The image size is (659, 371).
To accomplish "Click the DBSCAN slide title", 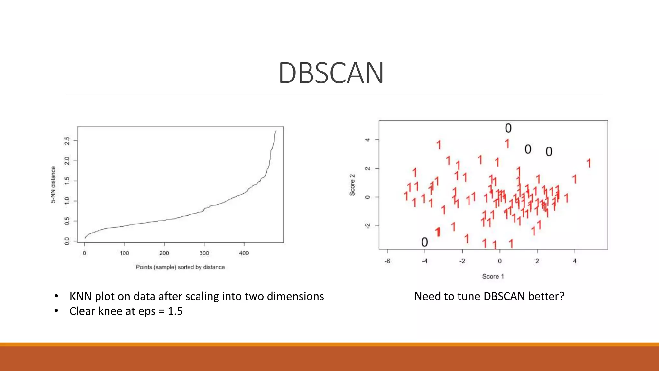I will (x=331, y=73).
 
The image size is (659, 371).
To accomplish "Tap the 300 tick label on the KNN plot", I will (x=204, y=253).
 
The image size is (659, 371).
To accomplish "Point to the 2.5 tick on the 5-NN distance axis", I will (x=67, y=141).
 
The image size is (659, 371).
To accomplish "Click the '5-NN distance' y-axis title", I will (x=53, y=185).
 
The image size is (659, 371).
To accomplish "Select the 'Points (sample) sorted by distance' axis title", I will (x=180, y=267).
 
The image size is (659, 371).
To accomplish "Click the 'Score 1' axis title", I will (x=493, y=276).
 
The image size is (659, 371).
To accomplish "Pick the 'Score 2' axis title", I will (x=352, y=185).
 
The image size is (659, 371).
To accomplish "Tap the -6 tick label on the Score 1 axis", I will (x=387, y=261).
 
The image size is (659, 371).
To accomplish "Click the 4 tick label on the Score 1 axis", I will (x=575, y=261).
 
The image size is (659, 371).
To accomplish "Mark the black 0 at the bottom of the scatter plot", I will (x=425, y=242).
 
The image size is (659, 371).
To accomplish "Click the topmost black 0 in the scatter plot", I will (x=508, y=128).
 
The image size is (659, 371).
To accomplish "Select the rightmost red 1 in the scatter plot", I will (x=589, y=163).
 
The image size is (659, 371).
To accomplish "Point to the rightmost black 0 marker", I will (x=549, y=152).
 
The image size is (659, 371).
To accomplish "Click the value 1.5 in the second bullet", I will (x=175, y=311).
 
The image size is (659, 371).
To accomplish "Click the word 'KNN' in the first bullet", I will (x=81, y=296).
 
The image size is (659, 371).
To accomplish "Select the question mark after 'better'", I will (x=562, y=296).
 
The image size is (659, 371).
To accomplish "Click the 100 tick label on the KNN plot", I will (x=124, y=253).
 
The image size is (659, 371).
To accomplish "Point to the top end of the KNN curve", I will (x=276, y=131).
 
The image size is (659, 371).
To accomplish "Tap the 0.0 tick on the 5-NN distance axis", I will (x=67, y=241).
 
